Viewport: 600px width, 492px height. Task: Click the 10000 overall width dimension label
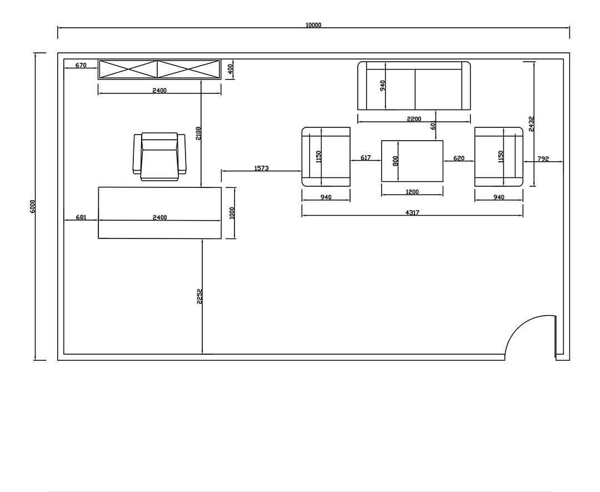point(313,25)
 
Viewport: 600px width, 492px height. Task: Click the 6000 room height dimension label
point(33,206)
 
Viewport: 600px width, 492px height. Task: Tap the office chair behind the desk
point(159,157)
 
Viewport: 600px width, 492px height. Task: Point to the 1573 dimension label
point(261,168)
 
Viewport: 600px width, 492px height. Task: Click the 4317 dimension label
point(412,212)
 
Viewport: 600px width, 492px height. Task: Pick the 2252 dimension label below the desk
point(199,296)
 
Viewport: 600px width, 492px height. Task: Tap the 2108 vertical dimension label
point(198,133)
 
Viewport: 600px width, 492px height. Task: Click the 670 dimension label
point(81,66)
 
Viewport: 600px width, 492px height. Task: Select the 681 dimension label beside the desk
point(81,217)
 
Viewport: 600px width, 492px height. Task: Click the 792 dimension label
point(543,158)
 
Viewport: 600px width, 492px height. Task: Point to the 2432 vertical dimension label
point(531,123)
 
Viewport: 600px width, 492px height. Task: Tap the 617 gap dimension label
point(366,158)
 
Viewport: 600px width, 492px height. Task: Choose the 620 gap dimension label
point(458,158)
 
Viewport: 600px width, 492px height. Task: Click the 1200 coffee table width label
point(412,192)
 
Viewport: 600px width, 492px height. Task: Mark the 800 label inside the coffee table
point(396,161)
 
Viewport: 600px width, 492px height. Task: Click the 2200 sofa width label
point(414,119)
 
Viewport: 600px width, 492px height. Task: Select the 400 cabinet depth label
point(230,69)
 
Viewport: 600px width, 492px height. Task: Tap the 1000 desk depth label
point(232,213)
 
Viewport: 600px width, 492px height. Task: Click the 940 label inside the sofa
point(383,86)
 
